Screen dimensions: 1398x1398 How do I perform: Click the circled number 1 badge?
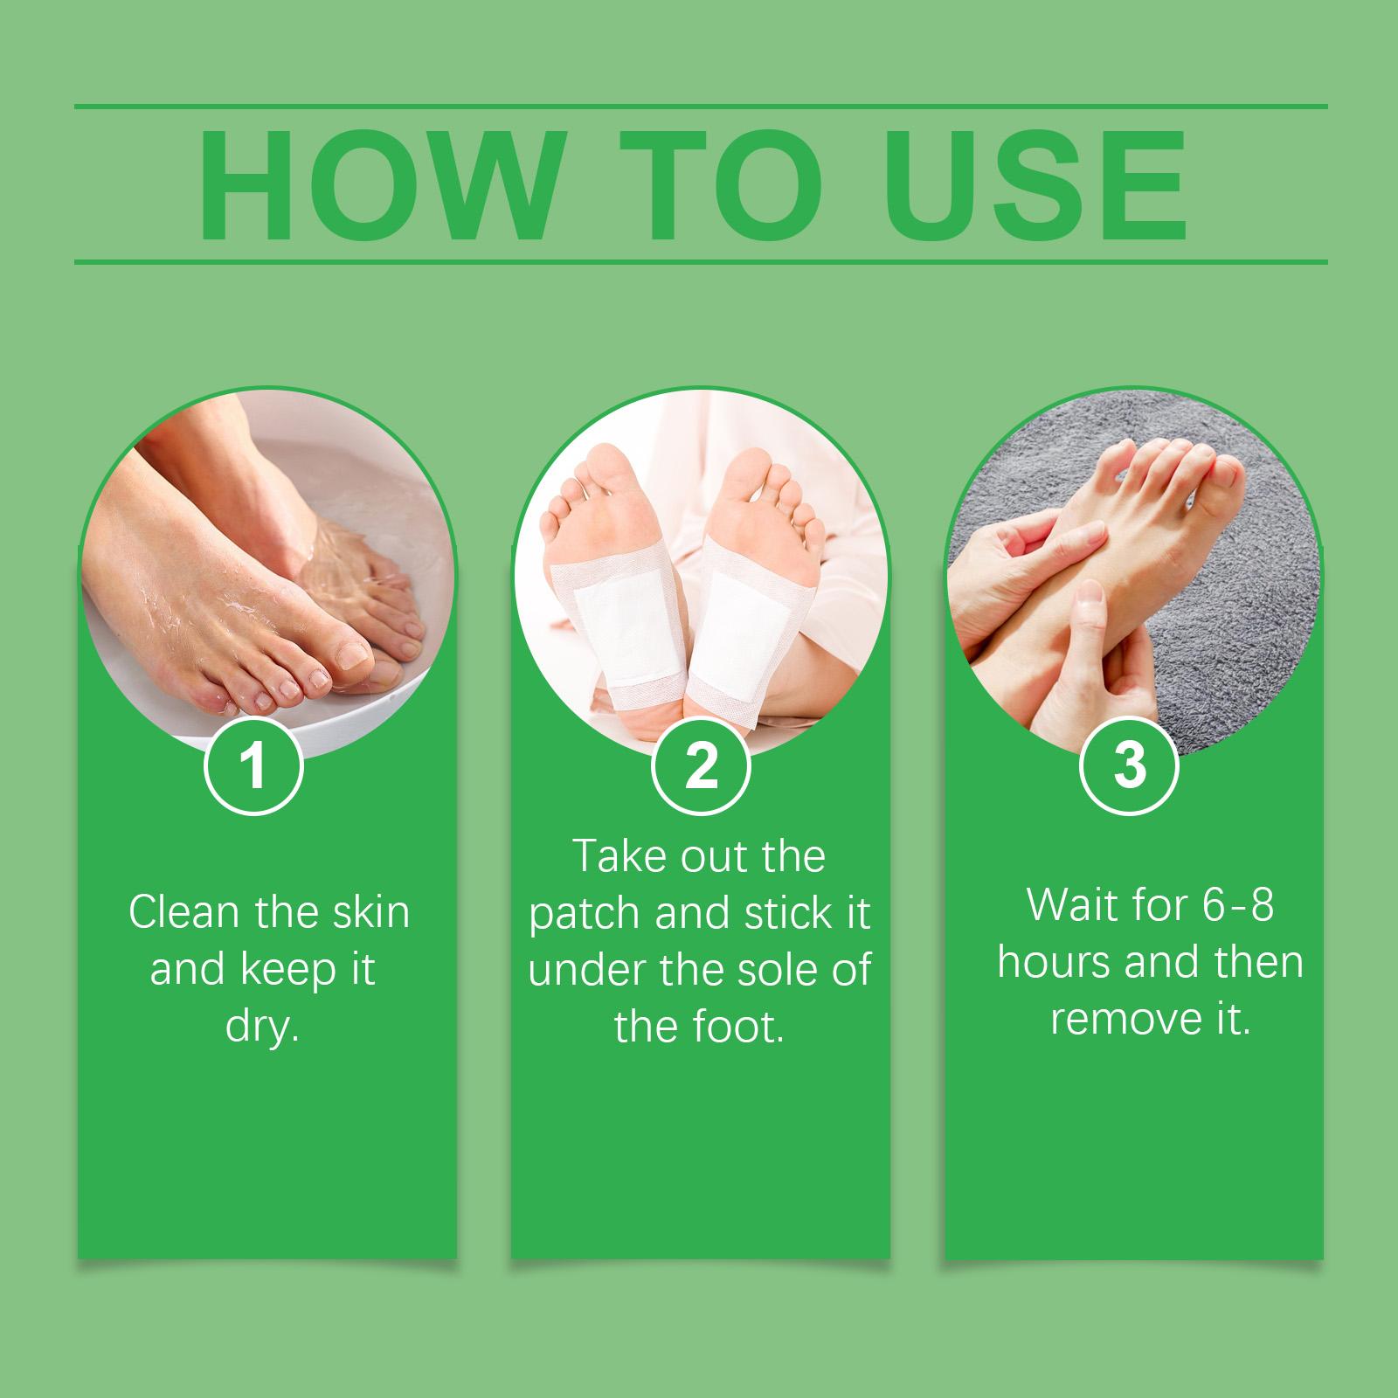tap(253, 765)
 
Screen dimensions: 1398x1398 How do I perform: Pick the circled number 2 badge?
tap(701, 765)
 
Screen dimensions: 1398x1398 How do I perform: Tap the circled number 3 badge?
tap(1130, 765)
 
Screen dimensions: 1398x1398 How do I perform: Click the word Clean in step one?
tap(184, 913)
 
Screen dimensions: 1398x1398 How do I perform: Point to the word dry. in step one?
tap(262, 1027)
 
